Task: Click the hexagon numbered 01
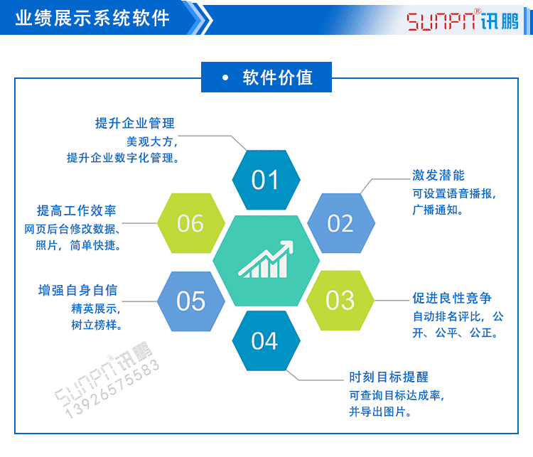tap(266, 180)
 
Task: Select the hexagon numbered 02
tap(340, 223)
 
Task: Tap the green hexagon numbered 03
tap(340, 300)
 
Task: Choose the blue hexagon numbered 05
tap(190, 301)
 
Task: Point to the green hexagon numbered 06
tap(190, 223)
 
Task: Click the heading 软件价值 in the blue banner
tap(277, 77)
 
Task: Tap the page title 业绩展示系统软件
tap(92, 18)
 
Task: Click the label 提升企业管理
tap(135, 123)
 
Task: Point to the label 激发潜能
tap(438, 175)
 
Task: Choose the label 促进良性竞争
tap(452, 298)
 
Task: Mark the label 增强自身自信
tap(77, 290)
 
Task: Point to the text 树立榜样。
tap(97, 326)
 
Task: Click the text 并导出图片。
tap(380, 412)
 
